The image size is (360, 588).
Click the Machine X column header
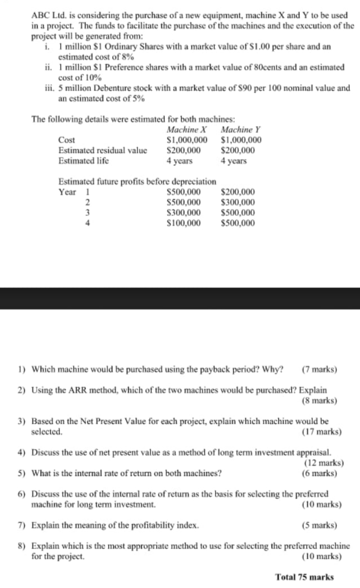pos(187,130)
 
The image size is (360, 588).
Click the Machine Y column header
pos(240,130)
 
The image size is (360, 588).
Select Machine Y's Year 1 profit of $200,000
pos(237,192)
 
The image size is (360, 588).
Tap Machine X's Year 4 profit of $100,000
pos(183,223)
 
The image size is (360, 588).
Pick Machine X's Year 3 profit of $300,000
pos(183,213)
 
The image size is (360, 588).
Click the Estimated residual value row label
pos(103,150)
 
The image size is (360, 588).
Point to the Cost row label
pos(66,140)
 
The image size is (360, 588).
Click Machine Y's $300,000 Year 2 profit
pos(237,202)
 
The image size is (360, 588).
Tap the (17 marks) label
pos(322,431)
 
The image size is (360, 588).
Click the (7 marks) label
pos(319,369)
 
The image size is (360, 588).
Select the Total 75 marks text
pos(305,577)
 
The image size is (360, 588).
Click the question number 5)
pos(22,473)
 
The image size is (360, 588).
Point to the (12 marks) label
pos(323,463)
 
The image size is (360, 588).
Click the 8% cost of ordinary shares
pos(127,57)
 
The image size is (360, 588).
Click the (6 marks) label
pos(319,473)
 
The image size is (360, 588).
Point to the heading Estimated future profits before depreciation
pos(137,181)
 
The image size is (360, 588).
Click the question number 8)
pos(22,546)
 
